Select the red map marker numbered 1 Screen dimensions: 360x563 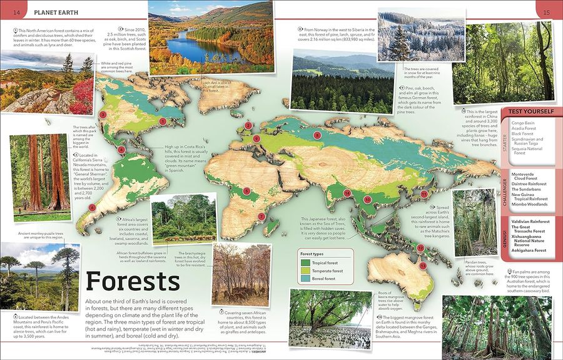pyautogui.click(x=163, y=121)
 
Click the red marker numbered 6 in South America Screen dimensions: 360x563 pyautogui.click(x=93, y=208)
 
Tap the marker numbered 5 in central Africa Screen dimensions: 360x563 pyautogui.click(x=247, y=191)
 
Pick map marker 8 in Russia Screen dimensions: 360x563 pyautogui.click(x=317, y=135)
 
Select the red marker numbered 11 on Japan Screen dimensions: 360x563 pyautogui.click(x=424, y=194)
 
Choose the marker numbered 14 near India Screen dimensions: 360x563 pyautogui.click(x=347, y=193)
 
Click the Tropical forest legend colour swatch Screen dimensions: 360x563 pyautogui.click(x=305, y=263)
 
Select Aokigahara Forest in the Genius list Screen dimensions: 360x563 pyautogui.click(x=529, y=250)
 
